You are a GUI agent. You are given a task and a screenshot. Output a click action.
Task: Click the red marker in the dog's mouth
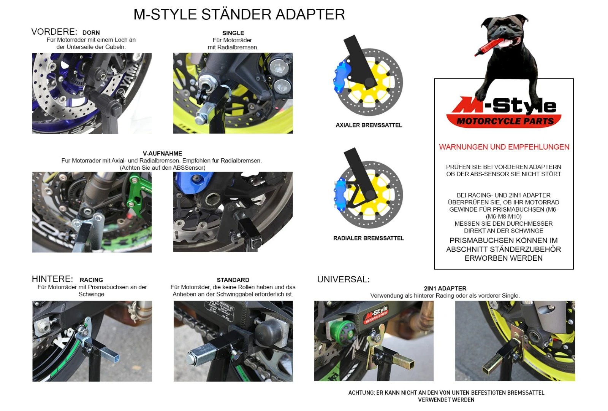pos(489,47)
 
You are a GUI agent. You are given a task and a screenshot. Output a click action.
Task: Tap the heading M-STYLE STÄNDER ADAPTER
pos(239,14)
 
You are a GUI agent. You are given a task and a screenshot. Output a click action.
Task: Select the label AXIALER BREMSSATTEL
pos(369,125)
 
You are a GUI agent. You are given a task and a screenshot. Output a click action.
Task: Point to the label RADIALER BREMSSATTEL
pos(368,238)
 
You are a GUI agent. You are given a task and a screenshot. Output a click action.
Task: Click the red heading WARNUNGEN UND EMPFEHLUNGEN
pos(504,147)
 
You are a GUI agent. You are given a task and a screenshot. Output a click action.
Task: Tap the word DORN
pos(91,33)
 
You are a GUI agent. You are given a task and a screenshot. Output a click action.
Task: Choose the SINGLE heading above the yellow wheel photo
pos(233,33)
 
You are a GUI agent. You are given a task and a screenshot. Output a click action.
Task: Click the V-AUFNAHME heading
pos(162,154)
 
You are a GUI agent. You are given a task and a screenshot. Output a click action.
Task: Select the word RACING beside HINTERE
pos(91,280)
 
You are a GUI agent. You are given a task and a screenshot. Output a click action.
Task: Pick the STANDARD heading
pos(233,280)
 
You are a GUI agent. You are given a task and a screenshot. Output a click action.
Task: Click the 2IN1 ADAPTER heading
pos(445,288)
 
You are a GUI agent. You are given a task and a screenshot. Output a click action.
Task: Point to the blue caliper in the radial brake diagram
pos(340,194)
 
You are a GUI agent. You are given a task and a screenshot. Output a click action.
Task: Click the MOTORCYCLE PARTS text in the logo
pos(505,121)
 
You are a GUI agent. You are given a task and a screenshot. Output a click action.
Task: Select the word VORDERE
pos(54,32)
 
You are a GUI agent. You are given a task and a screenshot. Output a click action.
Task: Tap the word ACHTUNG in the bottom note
pos(361,393)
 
